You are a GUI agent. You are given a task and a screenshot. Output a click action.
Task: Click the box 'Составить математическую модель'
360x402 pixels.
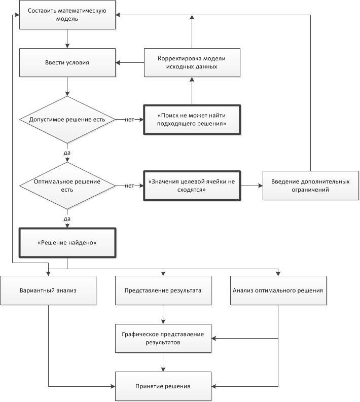[x=67, y=15]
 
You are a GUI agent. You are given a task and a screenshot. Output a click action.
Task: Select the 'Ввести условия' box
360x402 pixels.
[x=67, y=62]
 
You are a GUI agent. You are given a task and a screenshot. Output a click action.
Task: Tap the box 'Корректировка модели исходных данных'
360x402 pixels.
[x=192, y=62]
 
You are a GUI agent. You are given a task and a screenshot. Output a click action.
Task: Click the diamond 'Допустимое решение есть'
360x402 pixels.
[x=67, y=120]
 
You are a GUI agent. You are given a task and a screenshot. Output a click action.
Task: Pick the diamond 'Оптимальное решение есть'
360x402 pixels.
[x=67, y=186]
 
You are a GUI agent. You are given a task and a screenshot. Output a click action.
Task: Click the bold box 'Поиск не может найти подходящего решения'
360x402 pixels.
[x=192, y=120]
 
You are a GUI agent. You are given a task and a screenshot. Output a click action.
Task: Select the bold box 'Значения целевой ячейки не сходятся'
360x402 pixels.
[x=192, y=186]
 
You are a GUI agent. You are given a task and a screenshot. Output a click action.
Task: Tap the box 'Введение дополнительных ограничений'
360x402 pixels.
[x=311, y=186]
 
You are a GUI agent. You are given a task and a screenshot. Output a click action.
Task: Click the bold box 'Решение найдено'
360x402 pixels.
[x=67, y=242]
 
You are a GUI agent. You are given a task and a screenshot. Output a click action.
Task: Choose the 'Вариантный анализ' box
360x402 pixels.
[x=48, y=290]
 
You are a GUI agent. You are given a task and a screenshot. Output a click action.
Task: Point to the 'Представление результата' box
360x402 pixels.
[x=163, y=290]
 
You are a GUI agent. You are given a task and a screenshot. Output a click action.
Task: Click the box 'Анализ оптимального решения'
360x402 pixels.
[x=278, y=290]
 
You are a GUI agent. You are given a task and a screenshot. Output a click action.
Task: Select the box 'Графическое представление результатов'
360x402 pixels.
[x=163, y=339]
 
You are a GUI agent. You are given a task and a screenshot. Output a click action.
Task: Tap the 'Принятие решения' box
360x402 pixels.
[x=163, y=386]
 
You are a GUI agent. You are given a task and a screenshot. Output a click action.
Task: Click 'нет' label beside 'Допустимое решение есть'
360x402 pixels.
[x=129, y=120]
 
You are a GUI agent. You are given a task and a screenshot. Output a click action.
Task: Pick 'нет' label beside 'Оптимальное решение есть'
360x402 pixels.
[x=129, y=186]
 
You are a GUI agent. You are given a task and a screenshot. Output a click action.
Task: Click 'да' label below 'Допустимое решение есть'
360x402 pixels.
[x=67, y=153]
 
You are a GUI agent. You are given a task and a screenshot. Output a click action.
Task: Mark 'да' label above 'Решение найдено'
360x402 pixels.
[x=67, y=219]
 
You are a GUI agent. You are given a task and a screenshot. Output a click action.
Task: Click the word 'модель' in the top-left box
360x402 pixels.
[x=67, y=19]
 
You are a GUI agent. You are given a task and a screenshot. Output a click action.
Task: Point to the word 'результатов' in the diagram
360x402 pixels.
[x=163, y=343]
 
